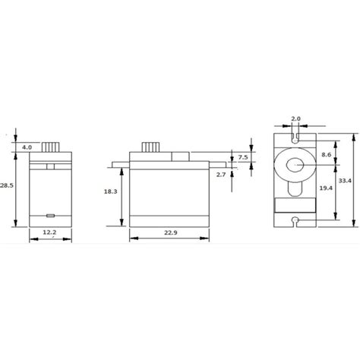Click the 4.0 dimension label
[x=27, y=147]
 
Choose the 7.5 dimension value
[x=242, y=157]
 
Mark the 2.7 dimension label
[x=242, y=175]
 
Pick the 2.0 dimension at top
[x=296, y=119]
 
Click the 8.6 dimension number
[x=324, y=154]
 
